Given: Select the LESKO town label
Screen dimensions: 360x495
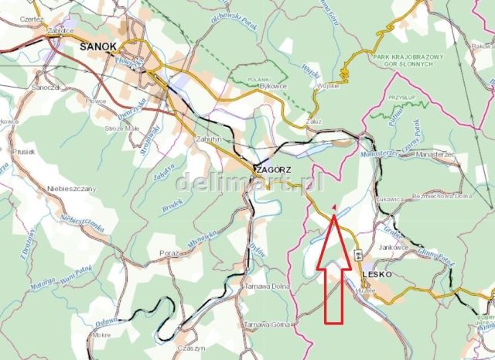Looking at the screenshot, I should pos(377,274).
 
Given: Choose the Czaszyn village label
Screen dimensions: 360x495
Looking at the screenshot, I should pos(192,348).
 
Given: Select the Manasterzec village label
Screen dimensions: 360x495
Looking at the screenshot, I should pos(438,155).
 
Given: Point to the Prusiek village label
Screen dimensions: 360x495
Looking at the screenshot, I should pos(24,153).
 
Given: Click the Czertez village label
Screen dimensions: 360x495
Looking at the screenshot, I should pos(34,16).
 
